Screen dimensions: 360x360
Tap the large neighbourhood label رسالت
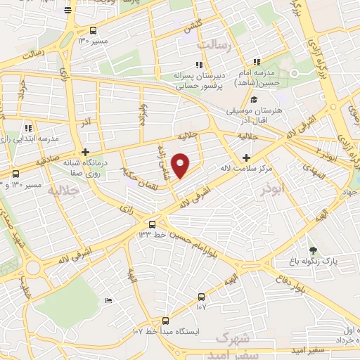coord(214,45)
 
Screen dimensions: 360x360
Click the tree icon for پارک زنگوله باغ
coord(313,250)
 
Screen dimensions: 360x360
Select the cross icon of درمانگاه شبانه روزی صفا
coord(85,152)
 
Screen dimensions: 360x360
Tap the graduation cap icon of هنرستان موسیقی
coord(254,100)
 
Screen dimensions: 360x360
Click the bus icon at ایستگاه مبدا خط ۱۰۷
coord(165,320)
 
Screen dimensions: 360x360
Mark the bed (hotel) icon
coord(108,300)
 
